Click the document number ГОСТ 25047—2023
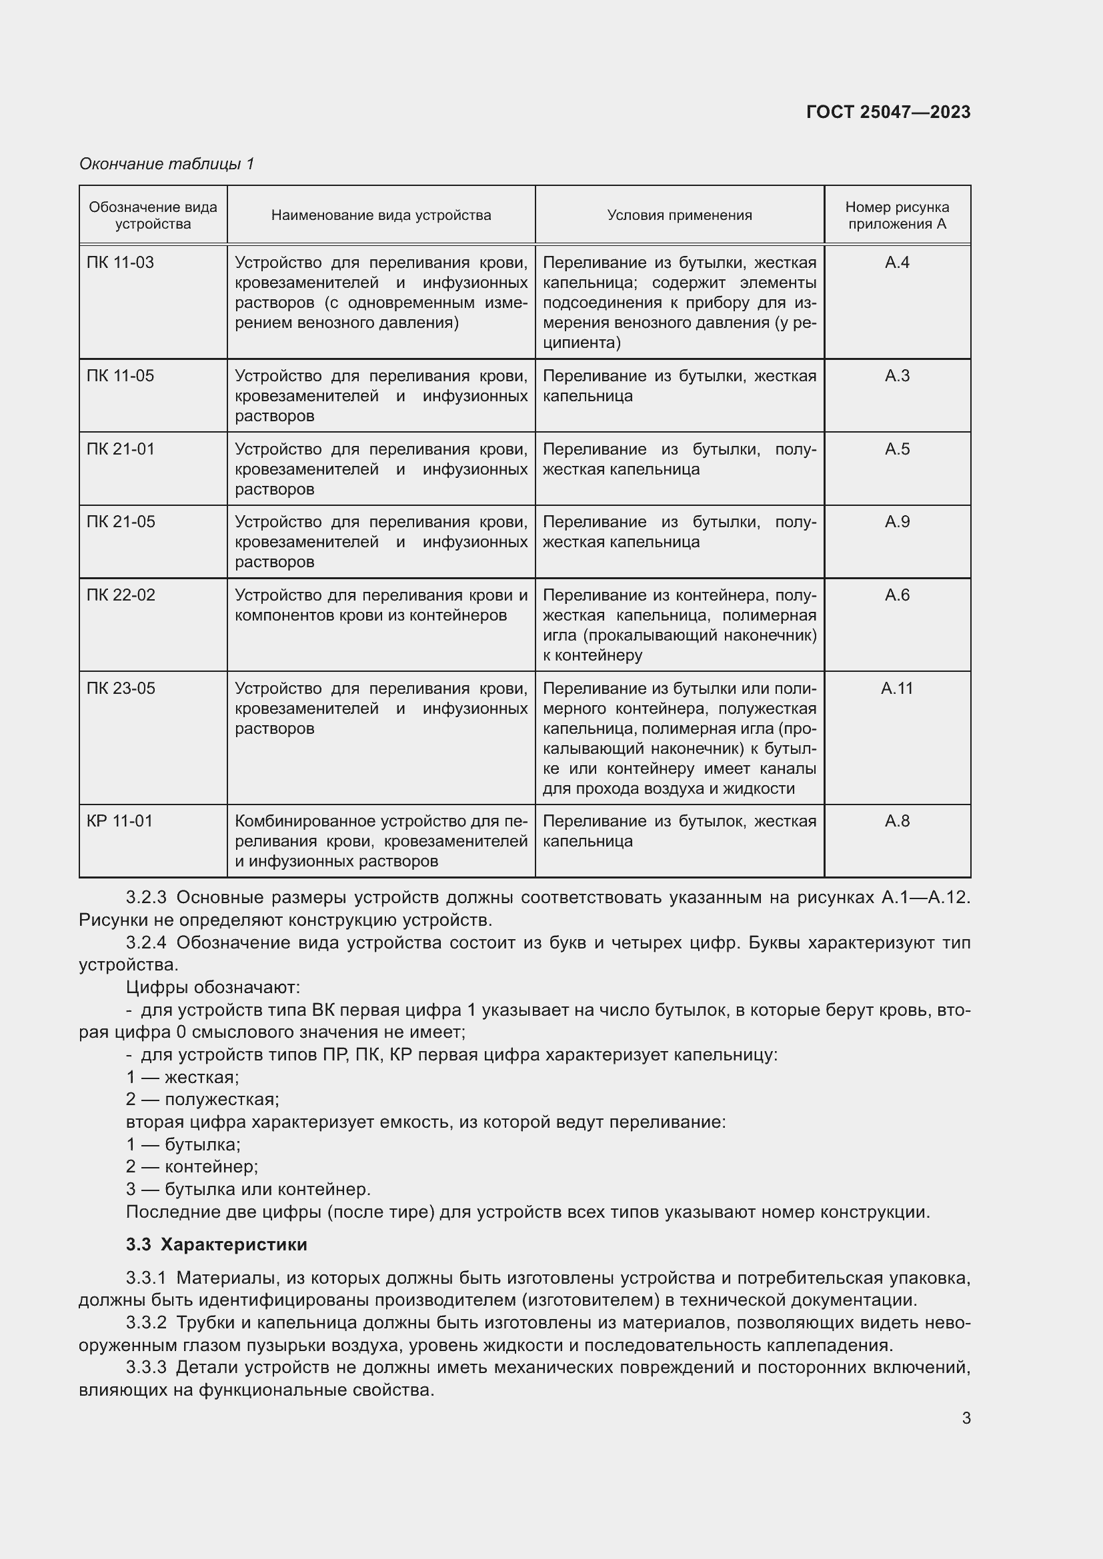click(888, 112)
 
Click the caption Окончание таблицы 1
click(167, 164)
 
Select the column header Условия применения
click(679, 215)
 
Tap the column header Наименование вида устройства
click(381, 215)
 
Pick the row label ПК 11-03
click(120, 263)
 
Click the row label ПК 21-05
click(121, 522)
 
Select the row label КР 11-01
click(119, 821)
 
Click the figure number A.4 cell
click(896, 263)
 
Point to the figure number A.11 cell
click(896, 689)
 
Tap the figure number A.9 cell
click(896, 522)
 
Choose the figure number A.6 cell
click(896, 595)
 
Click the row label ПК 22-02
click(121, 595)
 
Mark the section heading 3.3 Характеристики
click(216, 1244)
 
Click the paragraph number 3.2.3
click(146, 898)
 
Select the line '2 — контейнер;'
click(192, 1166)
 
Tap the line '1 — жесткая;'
click(182, 1077)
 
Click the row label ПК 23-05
click(121, 689)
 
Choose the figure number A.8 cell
click(896, 821)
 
